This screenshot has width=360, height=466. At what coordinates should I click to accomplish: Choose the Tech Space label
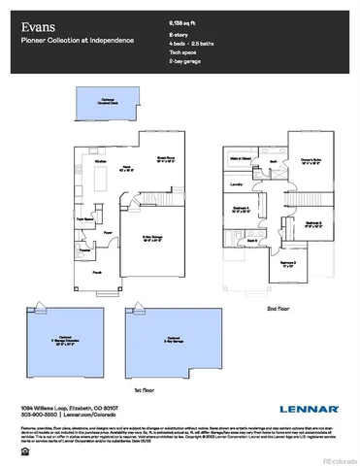click(x=84, y=219)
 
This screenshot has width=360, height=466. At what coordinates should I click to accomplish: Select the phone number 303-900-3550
click(x=36, y=415)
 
